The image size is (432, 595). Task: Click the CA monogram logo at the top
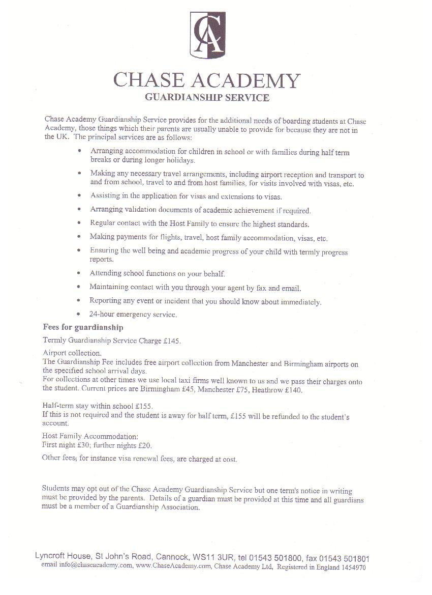(x=207, y=35)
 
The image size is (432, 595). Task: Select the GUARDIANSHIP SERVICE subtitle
(x=207, y=98)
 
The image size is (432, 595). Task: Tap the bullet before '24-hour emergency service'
(x=78, y=314)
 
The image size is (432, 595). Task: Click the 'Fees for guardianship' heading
(x=83, y=327)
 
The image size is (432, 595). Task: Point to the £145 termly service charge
(x=172, y=341)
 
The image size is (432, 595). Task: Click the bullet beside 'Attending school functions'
(x=78, y=273)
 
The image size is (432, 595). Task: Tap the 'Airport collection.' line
(x=72, y=353)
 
